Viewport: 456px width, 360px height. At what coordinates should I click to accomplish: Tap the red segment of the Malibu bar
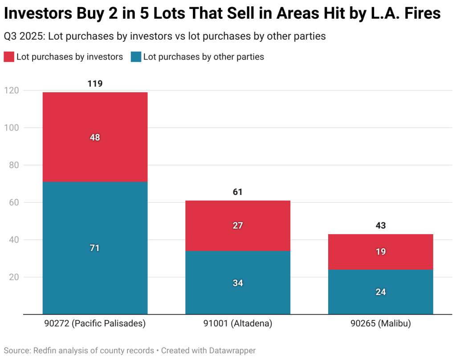381,243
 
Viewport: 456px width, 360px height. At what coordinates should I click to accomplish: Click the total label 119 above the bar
95,84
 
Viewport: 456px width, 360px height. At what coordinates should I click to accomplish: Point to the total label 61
238,192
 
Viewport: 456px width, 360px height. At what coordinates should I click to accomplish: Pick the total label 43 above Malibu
381,226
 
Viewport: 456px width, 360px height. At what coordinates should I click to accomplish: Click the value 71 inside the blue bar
95,248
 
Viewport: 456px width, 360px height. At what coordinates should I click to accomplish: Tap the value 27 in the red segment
238,226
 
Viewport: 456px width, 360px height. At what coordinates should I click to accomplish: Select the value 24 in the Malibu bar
381,292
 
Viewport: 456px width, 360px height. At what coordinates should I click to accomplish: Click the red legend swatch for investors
9,57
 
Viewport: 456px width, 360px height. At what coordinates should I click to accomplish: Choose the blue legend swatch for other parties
136,57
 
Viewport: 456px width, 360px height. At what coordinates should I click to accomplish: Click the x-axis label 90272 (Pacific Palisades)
95,324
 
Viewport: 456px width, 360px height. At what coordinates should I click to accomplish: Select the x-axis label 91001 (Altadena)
238,324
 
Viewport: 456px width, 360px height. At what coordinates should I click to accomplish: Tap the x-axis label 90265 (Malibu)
381,324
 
